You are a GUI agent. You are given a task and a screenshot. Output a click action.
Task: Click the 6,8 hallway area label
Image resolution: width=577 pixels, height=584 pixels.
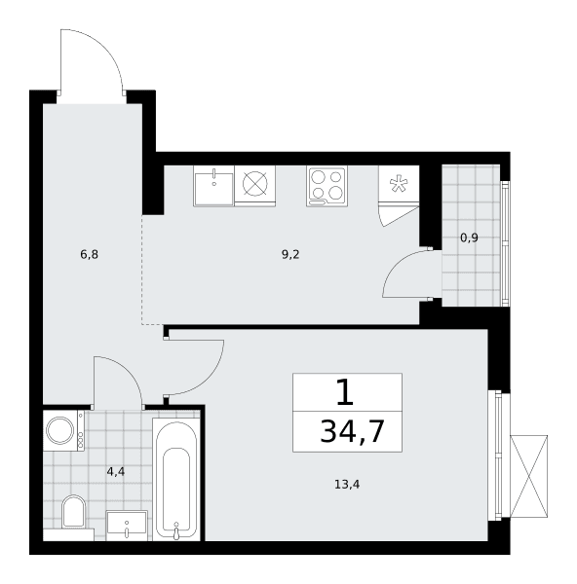(x=89, y=255)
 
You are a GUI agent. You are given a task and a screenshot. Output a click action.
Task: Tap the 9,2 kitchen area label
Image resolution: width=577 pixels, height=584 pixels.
(x=290, y=255)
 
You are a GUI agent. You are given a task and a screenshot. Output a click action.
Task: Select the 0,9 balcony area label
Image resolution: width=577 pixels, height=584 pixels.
(x=469, y=238)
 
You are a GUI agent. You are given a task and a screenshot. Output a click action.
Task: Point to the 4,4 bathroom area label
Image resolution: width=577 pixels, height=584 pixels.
(x=116, y=472)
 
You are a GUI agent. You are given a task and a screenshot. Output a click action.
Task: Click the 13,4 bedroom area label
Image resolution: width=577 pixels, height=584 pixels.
(x=347, y=485)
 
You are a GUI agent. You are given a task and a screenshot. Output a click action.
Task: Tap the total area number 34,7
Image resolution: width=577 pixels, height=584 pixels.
(x=352, y=431)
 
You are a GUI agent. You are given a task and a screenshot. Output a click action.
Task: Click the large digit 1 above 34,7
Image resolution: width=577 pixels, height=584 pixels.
(x=345, y=393)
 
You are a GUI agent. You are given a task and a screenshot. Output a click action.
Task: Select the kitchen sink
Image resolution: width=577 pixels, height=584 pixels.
(x=213, y=186)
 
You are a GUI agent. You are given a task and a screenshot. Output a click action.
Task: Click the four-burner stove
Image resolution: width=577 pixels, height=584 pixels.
(x=327, y=186)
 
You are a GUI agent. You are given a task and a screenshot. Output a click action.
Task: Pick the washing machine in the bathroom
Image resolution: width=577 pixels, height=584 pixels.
(x=63, y=430)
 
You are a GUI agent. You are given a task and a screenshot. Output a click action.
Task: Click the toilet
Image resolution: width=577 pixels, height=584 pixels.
(x=73, y=512)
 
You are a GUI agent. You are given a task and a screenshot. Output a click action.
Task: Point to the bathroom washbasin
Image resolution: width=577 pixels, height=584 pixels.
(x=127, y=526)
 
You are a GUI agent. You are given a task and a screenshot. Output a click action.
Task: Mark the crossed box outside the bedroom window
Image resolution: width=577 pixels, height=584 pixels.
(x=529, y=476)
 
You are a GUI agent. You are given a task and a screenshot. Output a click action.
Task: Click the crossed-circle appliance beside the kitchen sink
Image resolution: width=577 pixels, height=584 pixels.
(x=255, y=184)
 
